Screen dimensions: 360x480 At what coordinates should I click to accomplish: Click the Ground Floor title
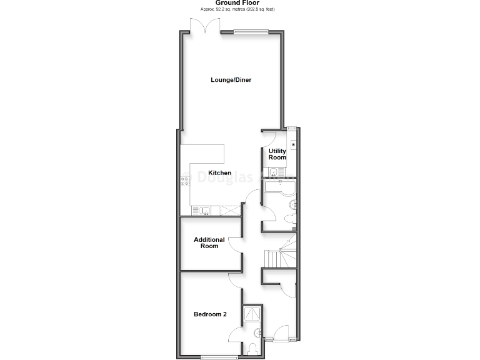point(238,3)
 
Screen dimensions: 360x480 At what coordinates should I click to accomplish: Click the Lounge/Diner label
point(231,80)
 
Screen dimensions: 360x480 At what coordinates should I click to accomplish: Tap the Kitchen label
point(220,173)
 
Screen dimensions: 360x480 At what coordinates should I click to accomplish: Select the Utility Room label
point(277,154)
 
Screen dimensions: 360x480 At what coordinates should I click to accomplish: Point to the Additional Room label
point(209,243)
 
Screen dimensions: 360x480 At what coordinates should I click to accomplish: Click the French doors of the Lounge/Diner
point(206,26)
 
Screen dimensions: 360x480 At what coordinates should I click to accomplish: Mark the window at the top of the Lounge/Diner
point(252,32)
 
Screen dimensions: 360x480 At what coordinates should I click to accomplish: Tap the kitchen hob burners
point(185,182)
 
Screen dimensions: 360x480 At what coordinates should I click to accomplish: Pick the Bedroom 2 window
point(219,357)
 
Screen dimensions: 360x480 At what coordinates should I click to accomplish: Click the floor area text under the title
point(238,9)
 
